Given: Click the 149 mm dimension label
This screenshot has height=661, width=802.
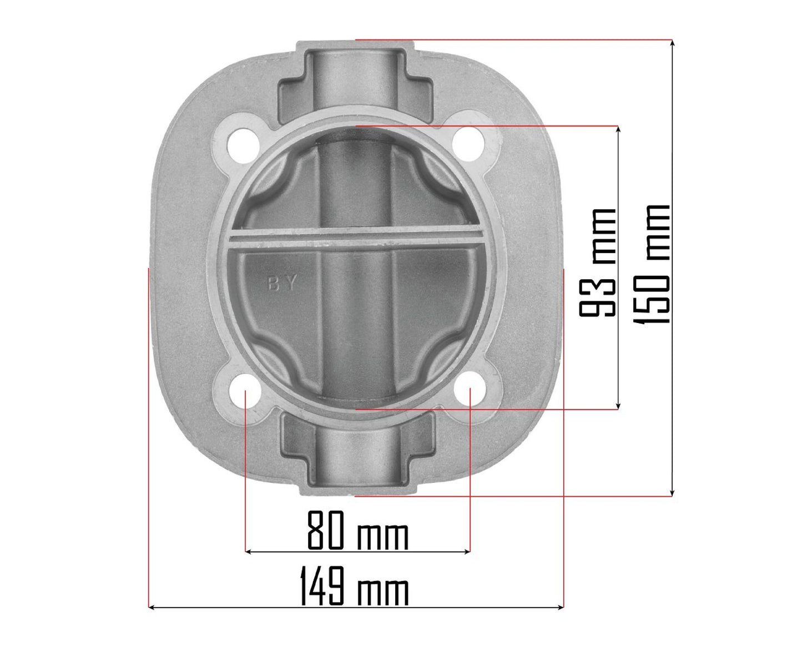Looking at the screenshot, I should (354, 586).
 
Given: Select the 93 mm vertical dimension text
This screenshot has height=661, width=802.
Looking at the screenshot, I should (598, 262).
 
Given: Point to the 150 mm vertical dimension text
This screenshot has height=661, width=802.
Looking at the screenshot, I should (654, 264).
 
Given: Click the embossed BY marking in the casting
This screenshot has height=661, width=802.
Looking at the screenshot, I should (283, 285).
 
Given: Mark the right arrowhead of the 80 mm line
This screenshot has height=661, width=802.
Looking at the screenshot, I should (467, 552).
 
